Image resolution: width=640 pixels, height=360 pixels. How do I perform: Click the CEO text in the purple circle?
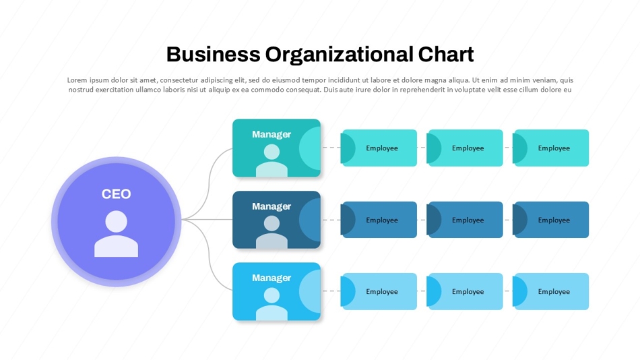(x=116, y=194)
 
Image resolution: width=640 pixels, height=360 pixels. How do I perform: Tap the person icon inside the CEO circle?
(x=116, y=234)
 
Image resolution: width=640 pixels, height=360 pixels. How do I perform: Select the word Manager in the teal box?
(x=271, y=134)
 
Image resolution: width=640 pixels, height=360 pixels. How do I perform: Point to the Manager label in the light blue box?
(x=271, y=278)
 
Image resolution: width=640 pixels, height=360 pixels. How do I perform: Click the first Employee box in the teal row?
(x=379, y=148)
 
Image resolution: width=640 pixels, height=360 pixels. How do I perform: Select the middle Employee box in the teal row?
(x=466, y=148)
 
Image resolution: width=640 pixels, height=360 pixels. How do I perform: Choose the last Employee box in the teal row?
(x=551, y=148)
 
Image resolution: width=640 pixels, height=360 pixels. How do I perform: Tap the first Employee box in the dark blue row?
(x=379, y=220)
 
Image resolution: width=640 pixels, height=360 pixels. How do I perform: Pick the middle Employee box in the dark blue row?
(x=466, y=220)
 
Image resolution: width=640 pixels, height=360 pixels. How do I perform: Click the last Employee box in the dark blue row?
(x=551, y=220)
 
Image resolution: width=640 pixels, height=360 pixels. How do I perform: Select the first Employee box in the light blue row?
(x=379, y=291)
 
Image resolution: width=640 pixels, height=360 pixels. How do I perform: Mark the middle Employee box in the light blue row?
(x=466, y=291)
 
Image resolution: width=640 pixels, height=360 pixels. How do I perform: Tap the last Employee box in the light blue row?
(x=551, y=291)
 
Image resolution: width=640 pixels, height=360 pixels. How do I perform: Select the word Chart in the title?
(x=445, y=54)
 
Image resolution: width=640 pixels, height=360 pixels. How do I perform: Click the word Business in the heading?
(x=213, y=54)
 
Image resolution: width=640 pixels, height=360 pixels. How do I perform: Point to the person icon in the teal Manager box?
(x=271, y=160)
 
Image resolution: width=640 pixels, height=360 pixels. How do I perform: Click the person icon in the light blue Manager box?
(x=271, y=304)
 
